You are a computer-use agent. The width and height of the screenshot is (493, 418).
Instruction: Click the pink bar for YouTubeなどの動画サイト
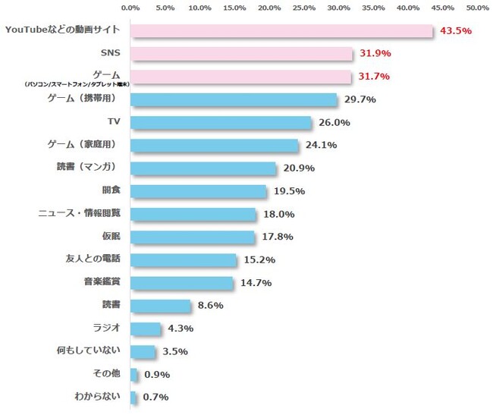pos(281,30)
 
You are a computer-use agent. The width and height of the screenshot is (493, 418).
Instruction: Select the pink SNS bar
pos(241,54)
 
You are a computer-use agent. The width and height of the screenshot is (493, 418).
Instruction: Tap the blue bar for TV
pos(221,122)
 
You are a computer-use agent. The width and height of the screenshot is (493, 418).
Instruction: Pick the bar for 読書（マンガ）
pos(203,168)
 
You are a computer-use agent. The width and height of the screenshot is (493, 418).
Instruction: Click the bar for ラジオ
pos(146,328)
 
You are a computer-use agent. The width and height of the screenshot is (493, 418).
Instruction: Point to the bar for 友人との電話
pos(184,259)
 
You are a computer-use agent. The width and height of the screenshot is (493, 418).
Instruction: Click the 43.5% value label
pos(456,31)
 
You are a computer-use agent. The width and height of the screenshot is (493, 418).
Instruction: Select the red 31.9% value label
pos(375,54)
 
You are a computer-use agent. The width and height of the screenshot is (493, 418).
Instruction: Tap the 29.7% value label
pos(360,99)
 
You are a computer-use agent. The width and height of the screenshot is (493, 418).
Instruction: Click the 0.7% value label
pos(155,397)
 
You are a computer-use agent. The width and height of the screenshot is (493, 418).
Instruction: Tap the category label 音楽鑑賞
pos(102,281)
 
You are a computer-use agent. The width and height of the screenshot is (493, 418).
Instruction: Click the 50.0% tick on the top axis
pos(477,8)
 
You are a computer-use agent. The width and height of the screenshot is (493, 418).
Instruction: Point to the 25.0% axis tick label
pos(304,8)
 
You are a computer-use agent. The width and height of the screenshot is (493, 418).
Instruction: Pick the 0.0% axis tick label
pos(130,8)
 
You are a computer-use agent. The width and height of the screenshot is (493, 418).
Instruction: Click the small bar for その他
pos(134,374)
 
